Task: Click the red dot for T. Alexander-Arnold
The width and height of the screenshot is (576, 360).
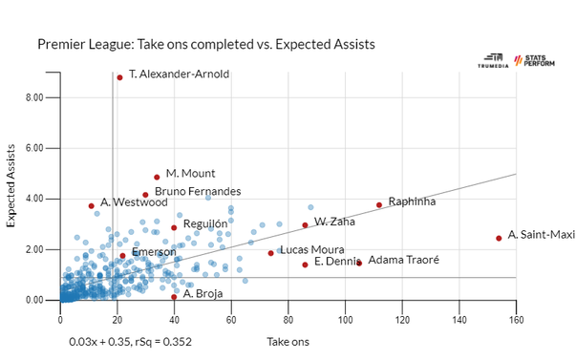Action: [119, 77]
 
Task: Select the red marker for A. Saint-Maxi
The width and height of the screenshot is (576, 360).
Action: [499, 238]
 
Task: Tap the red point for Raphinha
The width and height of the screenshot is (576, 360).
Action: [379, 204]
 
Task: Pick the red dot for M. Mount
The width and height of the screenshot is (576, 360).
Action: [157, 177]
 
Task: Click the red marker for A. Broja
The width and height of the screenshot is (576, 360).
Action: [174, 296]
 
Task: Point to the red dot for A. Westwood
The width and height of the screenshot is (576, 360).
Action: [92, 205]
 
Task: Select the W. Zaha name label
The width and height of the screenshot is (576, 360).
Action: [334, 222]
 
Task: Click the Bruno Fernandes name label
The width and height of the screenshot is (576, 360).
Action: [197, 192]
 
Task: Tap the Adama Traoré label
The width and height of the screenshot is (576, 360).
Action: [403, 260]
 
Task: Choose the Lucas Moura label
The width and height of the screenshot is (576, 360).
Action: [311, 250]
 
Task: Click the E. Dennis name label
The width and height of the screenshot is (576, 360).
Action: [336, 262]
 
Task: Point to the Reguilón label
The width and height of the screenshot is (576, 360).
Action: [205, 224]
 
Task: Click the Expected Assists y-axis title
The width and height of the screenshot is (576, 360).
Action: [12, 192]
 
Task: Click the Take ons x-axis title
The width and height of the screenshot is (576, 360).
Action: [288, 340]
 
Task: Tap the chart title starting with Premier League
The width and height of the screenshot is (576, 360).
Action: [205, 45]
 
